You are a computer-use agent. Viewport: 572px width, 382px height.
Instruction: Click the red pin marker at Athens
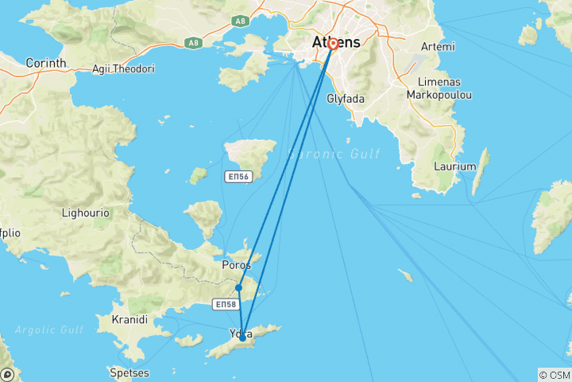(x=332, y=45)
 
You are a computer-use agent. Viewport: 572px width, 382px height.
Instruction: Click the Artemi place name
(x=439, y=47)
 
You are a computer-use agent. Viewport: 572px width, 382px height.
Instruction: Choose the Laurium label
(x=455, y=166)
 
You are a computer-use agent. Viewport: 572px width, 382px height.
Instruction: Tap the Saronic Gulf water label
(x=334, y=154)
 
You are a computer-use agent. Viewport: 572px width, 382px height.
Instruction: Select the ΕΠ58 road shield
(x=226, y=304)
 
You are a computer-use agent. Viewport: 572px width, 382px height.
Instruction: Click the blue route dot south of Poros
(x=238, y=288)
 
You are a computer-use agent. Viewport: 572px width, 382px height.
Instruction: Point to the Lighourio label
(x=86, y=213)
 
